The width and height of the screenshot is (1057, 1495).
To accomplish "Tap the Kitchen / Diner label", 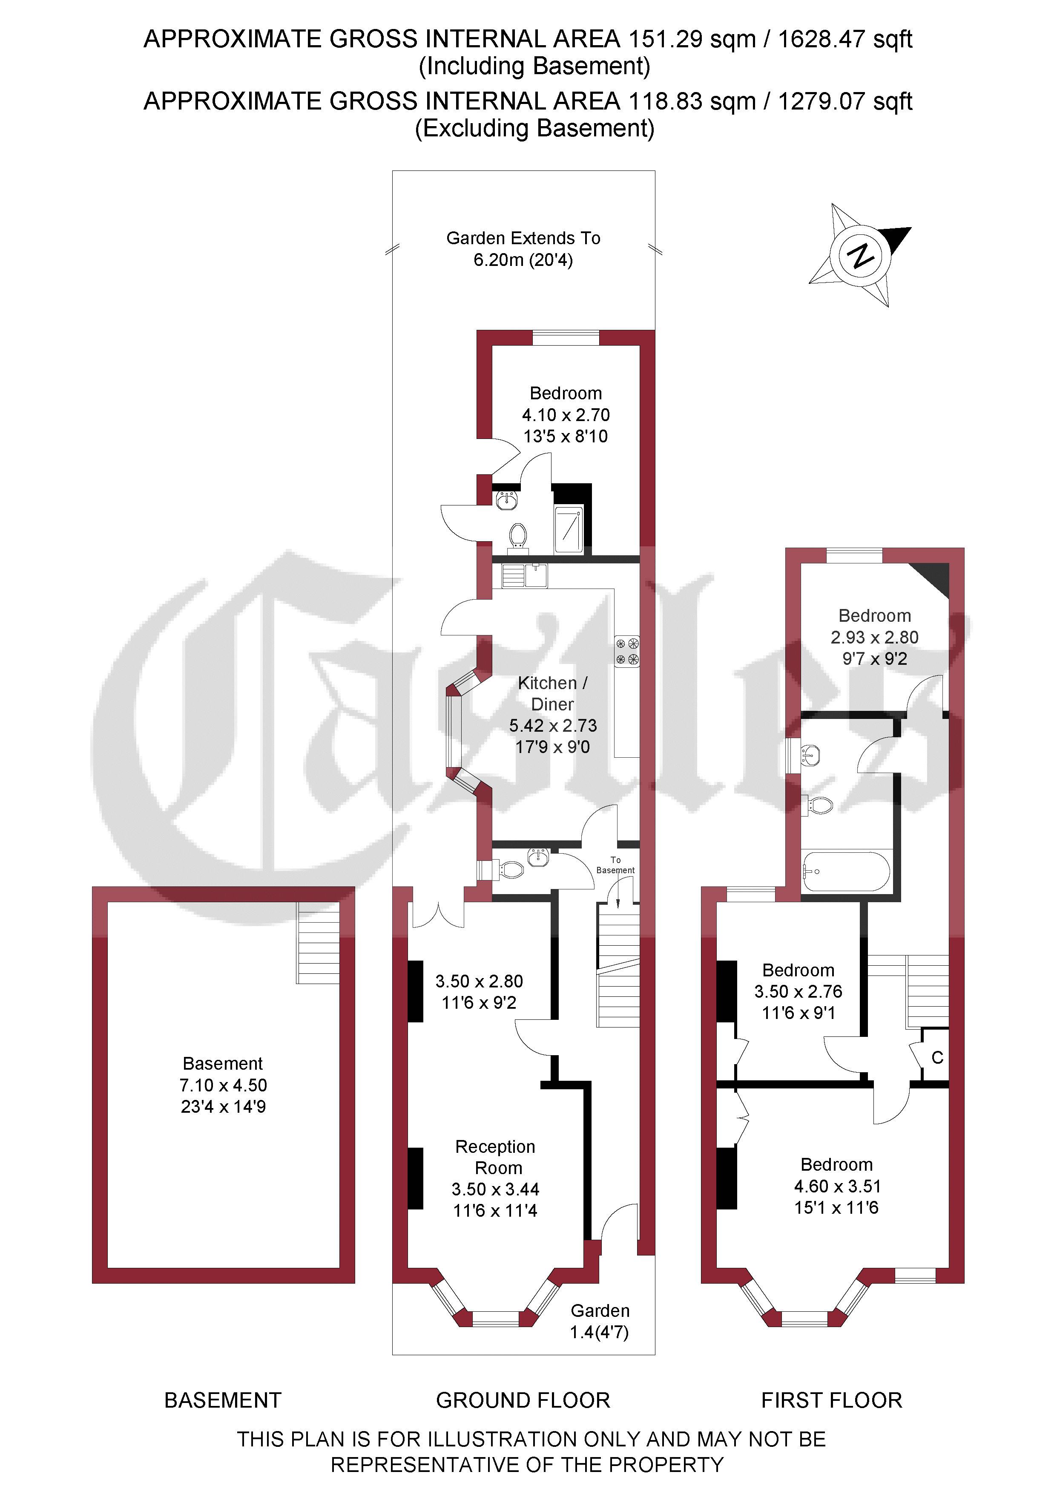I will coord(553,693).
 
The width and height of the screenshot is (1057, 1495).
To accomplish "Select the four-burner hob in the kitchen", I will coord(627,651).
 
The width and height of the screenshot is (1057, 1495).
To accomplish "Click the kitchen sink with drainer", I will coord(524,575).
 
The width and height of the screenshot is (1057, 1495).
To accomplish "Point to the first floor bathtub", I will coord(846,871).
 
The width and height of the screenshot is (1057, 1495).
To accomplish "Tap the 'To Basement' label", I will coord(615,865).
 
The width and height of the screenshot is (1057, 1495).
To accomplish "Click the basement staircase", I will coord(318,943).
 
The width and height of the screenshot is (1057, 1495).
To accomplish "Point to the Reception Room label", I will coord(496,1157).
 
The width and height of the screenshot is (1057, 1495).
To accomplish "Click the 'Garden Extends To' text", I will coord(523,238).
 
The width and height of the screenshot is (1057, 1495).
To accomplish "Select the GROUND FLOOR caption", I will coord(523,1400).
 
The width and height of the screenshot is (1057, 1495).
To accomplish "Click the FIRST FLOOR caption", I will coord(831,1400).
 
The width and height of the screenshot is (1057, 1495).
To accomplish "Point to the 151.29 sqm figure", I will coord(691,40).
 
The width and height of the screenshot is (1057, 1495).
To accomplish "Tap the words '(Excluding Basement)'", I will coord(534,128).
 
